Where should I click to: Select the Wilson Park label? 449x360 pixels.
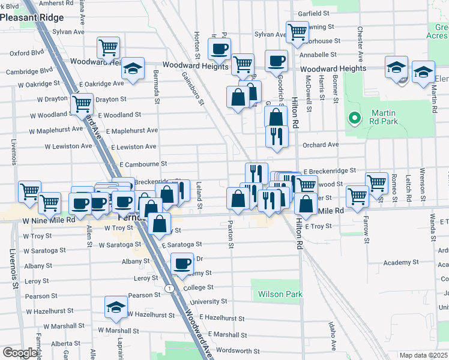280,294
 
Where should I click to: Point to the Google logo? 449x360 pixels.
20,353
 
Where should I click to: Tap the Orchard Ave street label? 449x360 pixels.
321,145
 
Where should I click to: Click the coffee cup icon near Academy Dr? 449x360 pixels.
182,263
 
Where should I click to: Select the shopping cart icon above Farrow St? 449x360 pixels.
357,196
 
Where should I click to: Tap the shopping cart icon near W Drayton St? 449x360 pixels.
82,103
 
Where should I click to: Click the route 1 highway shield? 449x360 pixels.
171,289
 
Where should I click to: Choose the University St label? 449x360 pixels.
208,302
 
